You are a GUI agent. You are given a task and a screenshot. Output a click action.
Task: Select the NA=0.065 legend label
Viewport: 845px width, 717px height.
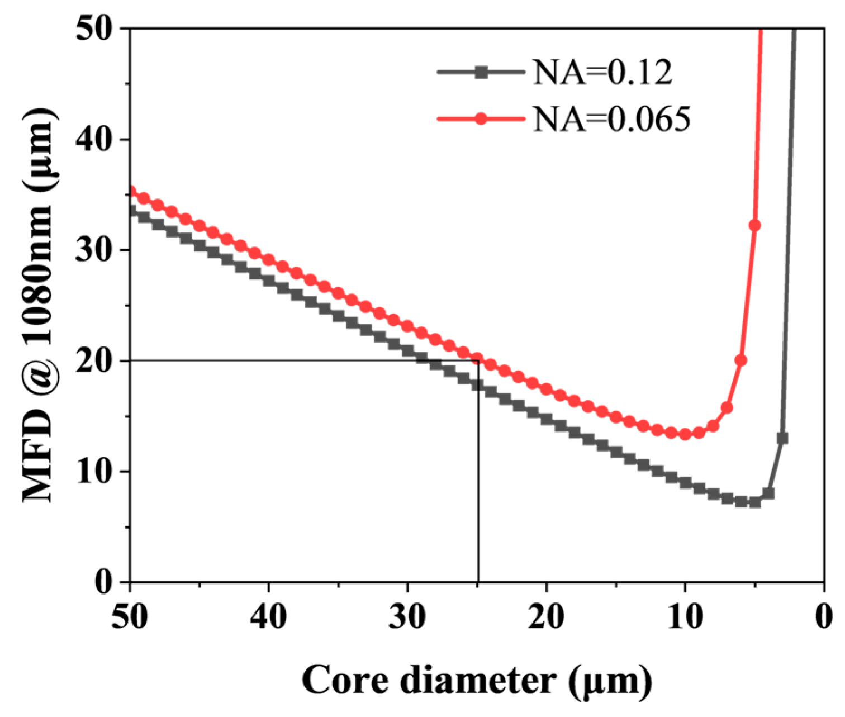(611, 118)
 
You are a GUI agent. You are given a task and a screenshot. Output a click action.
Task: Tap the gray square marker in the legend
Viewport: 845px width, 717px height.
(481, 72)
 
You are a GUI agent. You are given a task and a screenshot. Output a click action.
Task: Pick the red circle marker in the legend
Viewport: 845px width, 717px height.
(481, 118)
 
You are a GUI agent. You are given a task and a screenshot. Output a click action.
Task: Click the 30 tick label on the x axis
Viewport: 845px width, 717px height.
(407, 617)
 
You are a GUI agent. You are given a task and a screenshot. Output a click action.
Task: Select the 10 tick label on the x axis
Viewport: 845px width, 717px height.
(685, 617)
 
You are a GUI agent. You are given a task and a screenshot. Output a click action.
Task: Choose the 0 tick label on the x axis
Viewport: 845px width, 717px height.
(824, 617)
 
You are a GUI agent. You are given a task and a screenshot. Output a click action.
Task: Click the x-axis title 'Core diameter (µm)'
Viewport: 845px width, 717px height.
(477, 680)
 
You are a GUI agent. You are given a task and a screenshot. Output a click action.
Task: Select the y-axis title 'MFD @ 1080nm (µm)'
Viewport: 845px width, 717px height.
(39, 305)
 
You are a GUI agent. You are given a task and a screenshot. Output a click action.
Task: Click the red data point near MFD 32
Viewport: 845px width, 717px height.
(754, 225)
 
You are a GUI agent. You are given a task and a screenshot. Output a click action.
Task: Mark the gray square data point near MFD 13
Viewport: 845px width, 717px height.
(782, 438)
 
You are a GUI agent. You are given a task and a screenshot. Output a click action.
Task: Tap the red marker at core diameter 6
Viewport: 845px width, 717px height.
(741, 360)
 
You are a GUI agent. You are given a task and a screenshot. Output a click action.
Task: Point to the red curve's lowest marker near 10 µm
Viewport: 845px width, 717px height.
(685, 434)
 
